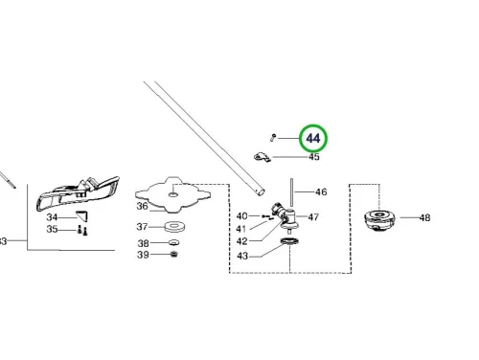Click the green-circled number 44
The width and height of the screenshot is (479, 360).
click(x=313, y=139)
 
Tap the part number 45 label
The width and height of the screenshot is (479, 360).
click(x=314, y=157)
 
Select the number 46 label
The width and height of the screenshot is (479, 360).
click(x=321, y=191)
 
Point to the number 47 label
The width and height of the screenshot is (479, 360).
click(x=313, y=217)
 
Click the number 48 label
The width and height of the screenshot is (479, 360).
click(x=424, y=217)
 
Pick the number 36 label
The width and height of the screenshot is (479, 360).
click(x=143, y=206)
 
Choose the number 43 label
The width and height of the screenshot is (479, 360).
click(x=242, y=256)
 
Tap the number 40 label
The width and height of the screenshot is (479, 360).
click(x=241, y=216)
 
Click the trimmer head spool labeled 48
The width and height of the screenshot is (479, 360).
click(x=379, y=219)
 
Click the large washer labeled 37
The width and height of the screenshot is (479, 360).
click(x=174, y=227)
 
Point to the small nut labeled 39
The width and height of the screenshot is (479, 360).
click(x=174, y=255)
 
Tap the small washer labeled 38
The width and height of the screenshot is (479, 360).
click(x=173, y=243)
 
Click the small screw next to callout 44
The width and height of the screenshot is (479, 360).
click(x=273, y=138)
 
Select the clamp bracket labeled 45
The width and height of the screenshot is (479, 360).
click(x=262, y=157)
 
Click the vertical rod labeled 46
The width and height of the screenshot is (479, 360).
click(x=291, y=193)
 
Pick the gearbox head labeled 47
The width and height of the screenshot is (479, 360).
click(x=285, y=217)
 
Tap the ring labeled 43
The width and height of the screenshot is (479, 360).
click(x=289, y=241)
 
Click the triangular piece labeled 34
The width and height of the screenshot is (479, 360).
click(x=81, y=215)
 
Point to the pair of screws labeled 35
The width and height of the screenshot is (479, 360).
click(x=82, y=230)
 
